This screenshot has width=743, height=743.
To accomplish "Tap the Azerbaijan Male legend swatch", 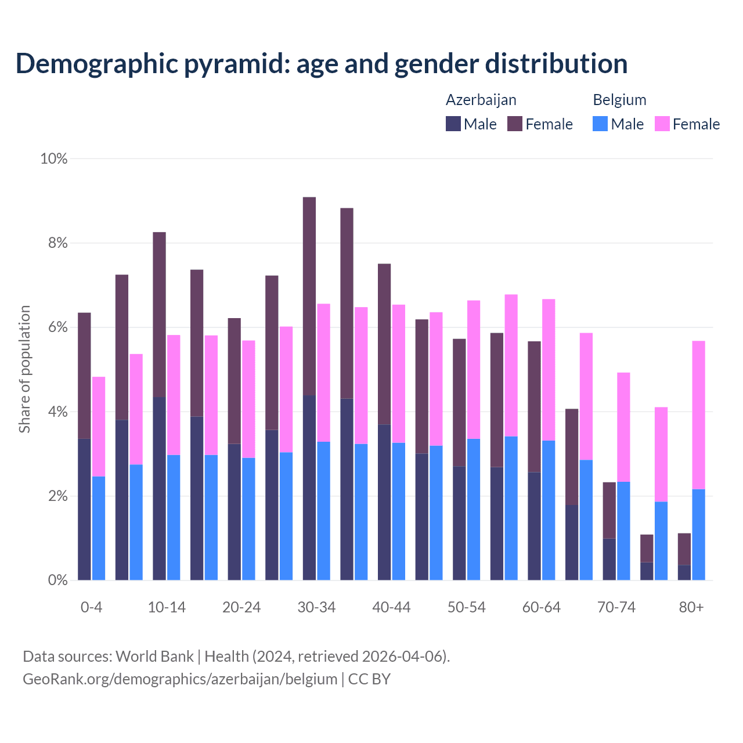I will click(453, 124).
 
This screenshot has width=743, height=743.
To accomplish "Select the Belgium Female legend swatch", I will click(662, 124).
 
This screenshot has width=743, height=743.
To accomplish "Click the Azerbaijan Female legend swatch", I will click(515, 124).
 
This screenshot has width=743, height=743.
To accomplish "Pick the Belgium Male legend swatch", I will click(600, 124).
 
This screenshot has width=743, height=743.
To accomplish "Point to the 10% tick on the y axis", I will click(54, 158).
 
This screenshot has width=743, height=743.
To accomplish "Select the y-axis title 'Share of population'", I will click(24, 369).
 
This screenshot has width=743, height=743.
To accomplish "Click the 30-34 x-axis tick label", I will click(316, 607).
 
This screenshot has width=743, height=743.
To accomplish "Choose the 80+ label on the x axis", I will click(691, 607).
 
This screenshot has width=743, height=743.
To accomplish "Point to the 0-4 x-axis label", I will click(91, 607).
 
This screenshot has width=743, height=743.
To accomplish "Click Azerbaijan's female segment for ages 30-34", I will click(309, 296).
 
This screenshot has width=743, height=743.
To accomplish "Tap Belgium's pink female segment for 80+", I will click(699, 415).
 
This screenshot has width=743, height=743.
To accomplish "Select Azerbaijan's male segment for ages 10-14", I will click(159, 488).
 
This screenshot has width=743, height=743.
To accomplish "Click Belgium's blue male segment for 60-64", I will click(549, 510).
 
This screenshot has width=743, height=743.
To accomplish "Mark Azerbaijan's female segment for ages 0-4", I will click(84, 376).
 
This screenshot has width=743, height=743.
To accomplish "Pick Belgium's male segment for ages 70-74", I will click(623, 531).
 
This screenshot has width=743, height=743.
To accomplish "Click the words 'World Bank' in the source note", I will click(154, 657).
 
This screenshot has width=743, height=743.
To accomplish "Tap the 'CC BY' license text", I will click(369, 679).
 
